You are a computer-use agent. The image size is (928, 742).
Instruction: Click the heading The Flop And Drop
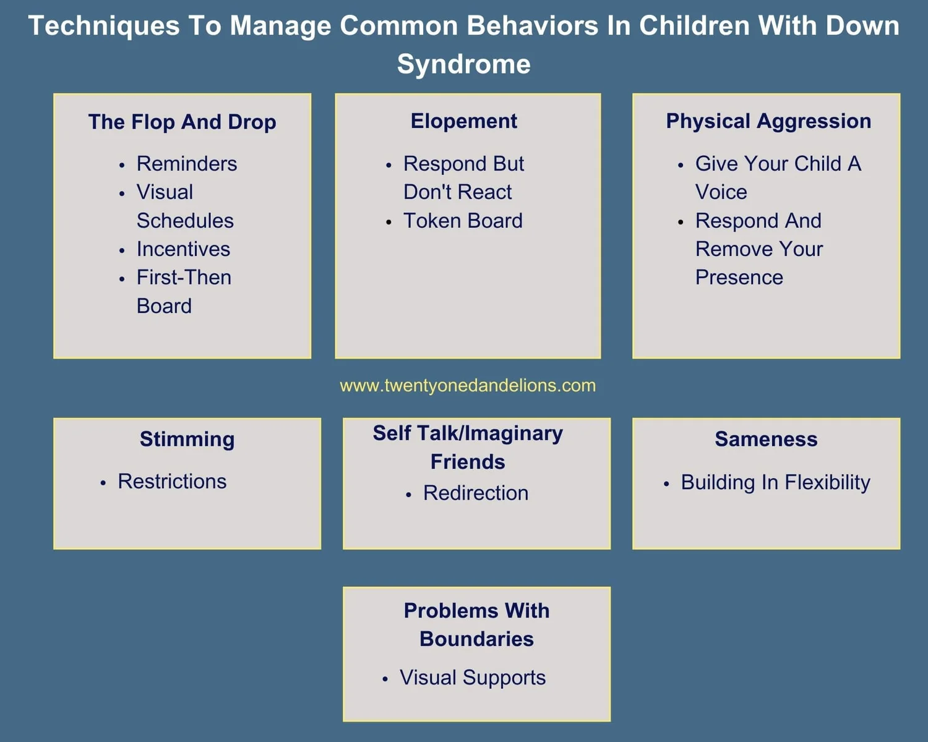point(182,122)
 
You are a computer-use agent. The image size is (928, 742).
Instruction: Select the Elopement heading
point(464,121)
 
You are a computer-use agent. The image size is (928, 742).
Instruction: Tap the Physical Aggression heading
point(768,121)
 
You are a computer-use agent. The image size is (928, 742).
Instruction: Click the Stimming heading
point(187,439)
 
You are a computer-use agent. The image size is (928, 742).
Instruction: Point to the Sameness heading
point(766,439)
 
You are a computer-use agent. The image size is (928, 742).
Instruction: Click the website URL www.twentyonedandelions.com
point(468,385)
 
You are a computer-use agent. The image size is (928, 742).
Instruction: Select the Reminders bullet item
point(187,164)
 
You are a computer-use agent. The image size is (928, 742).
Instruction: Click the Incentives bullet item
point(183,249)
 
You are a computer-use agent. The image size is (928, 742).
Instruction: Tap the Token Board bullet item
point(463,221)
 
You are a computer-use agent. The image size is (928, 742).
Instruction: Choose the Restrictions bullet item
point(172,482)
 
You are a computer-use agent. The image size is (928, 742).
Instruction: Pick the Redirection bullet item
point(476,493)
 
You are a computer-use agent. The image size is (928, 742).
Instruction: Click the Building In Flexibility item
point(775,482)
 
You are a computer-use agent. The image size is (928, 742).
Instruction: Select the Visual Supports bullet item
point(473,678)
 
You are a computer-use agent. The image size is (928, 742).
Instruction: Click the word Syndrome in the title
point(464,64)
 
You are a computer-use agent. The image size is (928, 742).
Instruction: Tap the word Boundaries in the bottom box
point(476,639)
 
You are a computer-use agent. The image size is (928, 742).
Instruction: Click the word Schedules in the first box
point(185,221)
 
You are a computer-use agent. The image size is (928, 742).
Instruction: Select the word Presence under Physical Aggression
point(739,278)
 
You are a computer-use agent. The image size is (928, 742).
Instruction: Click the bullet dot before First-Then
point(122,279)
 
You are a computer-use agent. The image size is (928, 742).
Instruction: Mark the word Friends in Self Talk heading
point(468,462)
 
